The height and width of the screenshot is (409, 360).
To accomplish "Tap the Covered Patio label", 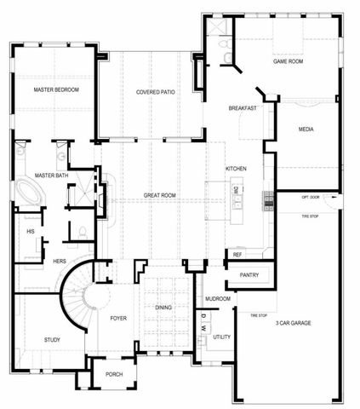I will pyautogui.click(x=156, y=92).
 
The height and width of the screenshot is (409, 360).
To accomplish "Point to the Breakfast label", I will pyautogui.click(x=243, y=108).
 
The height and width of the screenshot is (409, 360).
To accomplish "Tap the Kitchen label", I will pyautogui.click(x=236, y=169).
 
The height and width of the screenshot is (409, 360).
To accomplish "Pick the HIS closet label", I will pyautogui.click(x=31, y=231).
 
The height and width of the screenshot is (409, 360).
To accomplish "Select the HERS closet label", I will pyautogui.click(x=60, y=260).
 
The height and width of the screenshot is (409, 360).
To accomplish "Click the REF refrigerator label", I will pyautogui.click(x=237, y=254).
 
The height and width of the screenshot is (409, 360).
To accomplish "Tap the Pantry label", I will pyautogui.click(x=249, y=274).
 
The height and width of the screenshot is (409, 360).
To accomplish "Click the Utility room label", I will pyautogui.click(x=222, y=337).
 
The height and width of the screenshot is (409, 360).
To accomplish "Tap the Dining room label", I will pyautogui.click(x=164, y=308).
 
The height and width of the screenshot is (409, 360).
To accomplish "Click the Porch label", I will pyautogui.click(x=114, y=374).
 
